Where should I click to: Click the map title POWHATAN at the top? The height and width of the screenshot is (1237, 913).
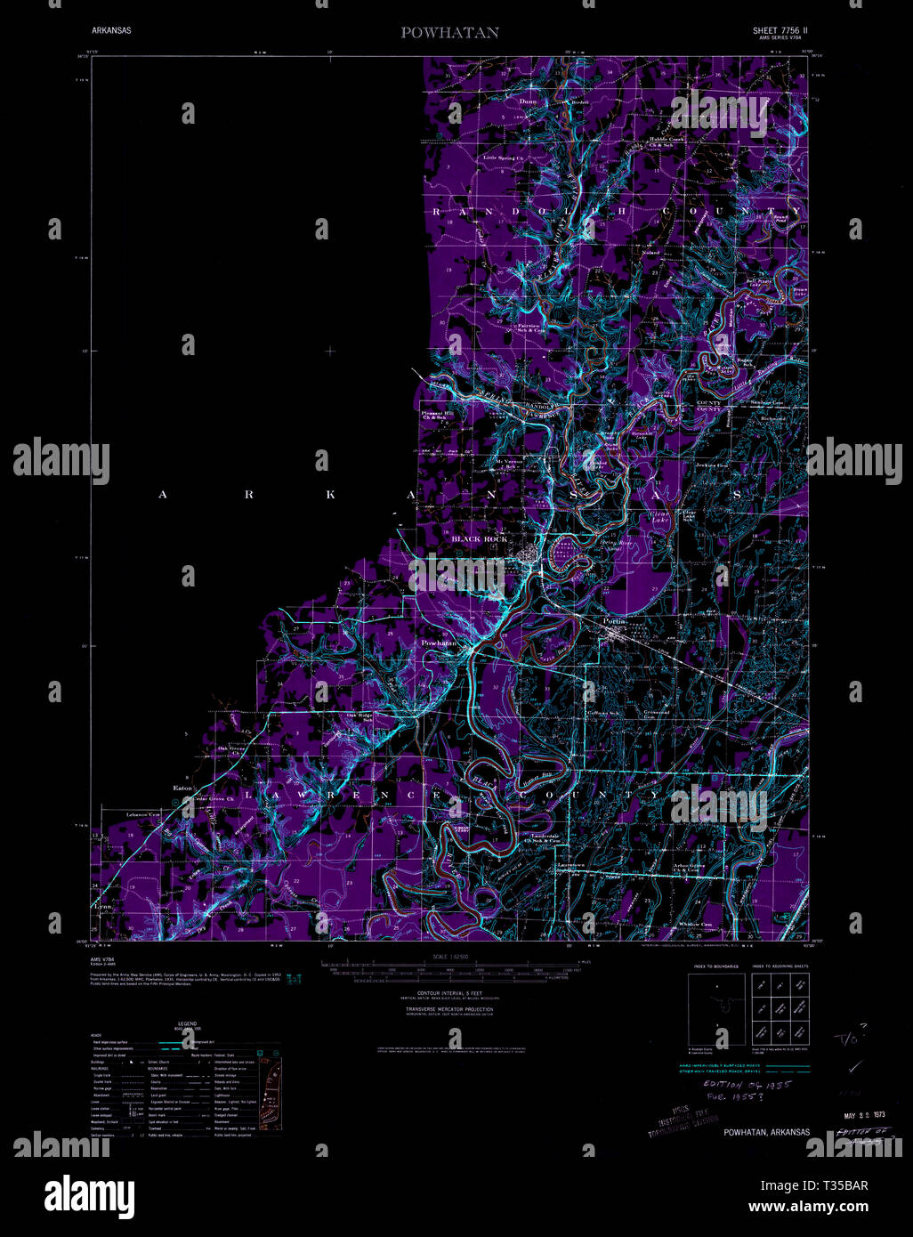449,33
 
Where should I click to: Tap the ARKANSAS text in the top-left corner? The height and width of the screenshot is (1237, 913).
111,30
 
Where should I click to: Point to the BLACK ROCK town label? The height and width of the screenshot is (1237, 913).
480,539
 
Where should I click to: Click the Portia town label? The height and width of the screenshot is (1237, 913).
615,621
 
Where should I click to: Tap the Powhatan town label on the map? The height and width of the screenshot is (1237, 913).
439,643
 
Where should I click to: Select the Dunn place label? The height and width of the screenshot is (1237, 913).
529,101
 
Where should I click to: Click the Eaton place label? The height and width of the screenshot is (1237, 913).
182,788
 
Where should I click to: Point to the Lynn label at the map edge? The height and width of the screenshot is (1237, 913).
104,905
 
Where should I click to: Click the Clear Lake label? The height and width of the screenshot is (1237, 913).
659,517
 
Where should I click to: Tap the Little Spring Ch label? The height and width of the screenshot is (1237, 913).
504,158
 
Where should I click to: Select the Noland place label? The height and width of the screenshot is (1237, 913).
650,253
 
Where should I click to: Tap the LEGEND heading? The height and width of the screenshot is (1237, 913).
187,1024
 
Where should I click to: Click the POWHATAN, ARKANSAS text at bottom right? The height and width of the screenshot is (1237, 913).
767,1132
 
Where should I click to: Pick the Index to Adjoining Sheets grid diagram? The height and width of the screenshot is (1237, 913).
780,1008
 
